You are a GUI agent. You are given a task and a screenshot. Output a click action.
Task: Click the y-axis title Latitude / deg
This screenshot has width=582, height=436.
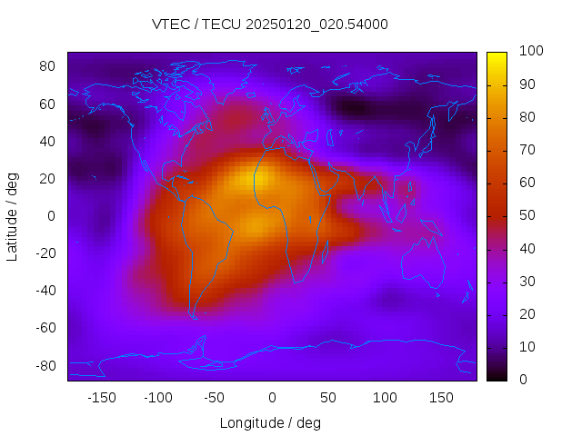click(x=13, y=216)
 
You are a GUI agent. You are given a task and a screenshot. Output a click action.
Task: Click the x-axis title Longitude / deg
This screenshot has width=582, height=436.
click(x=270, y=422)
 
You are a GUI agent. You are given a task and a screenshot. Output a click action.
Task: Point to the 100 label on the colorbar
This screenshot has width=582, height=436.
click(x=531, y=52)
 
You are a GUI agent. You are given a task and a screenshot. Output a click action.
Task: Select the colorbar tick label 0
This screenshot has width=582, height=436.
click(x=523, y=380)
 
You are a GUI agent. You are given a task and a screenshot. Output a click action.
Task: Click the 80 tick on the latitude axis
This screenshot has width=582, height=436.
click(x=47, y=66)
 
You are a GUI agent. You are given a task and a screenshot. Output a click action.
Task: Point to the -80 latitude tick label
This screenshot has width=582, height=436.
click(x=45, y=365)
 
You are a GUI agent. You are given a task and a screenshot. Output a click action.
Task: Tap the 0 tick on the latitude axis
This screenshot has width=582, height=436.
click(x=52, y=216)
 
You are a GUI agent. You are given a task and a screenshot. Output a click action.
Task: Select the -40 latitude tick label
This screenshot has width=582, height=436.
click(x=45, y=291)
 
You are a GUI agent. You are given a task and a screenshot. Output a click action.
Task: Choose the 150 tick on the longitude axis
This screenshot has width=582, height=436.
click(x=441, y=398)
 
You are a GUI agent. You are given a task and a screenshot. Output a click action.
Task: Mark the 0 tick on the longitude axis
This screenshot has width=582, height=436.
click(x=271, y=398)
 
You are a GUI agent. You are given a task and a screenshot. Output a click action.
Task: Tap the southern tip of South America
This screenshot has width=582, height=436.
click(x=194, y=316)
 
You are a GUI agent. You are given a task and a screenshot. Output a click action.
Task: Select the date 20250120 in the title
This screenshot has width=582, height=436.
click(x=305, y=25)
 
